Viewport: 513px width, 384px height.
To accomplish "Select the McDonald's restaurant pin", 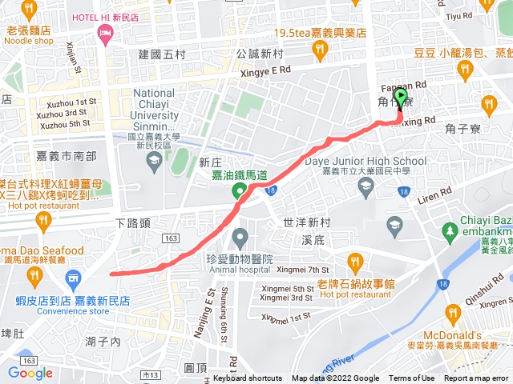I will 453,313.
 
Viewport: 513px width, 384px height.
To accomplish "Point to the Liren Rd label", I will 434,193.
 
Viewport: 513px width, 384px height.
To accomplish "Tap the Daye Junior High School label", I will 366,161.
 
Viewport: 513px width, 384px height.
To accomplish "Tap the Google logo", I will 30,373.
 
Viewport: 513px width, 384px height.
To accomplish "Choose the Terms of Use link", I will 411,378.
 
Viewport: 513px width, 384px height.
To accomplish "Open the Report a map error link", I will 478,378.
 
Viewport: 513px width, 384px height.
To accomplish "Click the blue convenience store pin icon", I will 73,279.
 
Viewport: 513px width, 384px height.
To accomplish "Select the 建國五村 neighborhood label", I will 161,54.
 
